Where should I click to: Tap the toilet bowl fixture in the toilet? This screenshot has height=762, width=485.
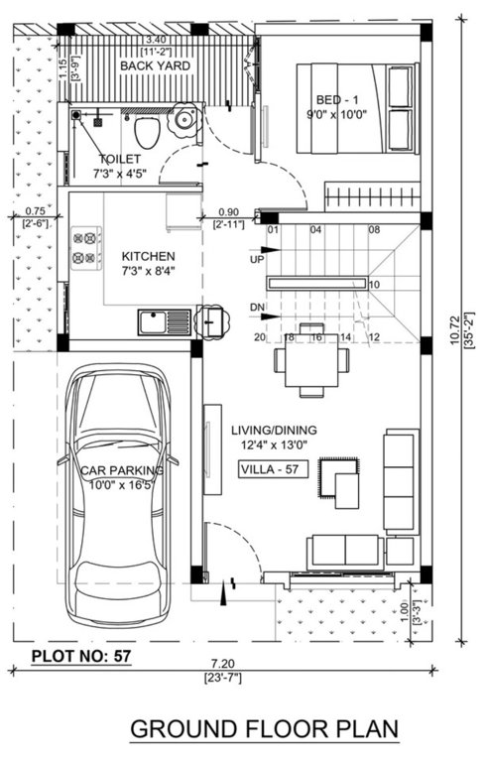145,132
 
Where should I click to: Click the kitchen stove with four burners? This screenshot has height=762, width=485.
88,248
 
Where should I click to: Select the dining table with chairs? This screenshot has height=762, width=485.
311,361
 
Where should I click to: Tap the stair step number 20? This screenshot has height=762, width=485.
260,337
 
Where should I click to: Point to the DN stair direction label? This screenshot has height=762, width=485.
257,306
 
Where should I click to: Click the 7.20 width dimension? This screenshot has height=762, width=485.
221,664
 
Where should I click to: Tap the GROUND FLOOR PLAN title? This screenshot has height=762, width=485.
265,729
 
